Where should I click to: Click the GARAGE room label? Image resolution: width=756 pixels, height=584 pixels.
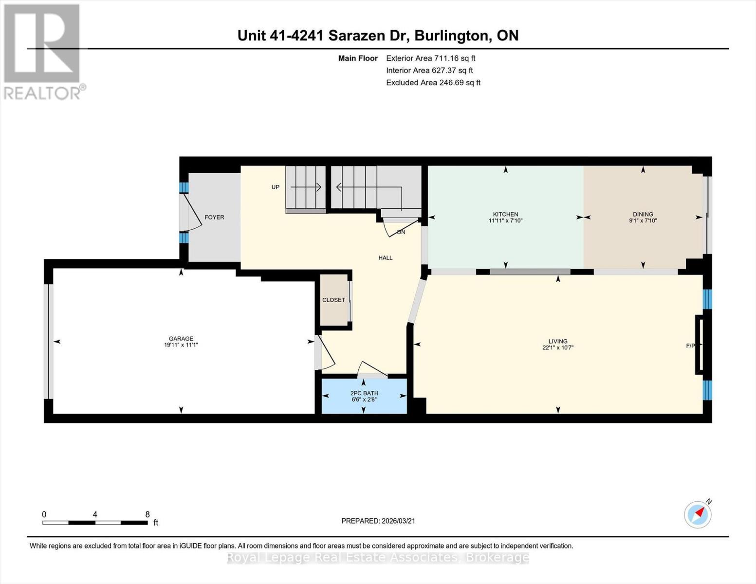click(181, 339)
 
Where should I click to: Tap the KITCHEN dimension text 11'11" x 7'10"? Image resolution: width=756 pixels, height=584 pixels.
click(505, 221)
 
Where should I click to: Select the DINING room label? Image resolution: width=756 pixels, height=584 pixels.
click(643, 214)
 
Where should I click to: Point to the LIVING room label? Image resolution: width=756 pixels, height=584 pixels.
click(558, 341)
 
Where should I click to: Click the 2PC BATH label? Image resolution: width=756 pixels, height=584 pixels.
click(364, 393)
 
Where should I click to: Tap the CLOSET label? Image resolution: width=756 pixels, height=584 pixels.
click(333, 300)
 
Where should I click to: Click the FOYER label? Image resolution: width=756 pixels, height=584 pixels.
click(214, 217)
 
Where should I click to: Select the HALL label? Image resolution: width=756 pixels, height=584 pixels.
click(385, 258)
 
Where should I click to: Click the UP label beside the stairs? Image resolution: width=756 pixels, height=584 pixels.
click(276, 187)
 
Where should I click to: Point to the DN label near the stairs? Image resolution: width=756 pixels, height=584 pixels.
click(401, 232)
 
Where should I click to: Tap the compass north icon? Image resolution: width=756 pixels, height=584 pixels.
click(698, 514)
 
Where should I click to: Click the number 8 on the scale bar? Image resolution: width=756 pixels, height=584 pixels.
click(147, 514)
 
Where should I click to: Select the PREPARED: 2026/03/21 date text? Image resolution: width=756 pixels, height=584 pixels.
click(378, 521)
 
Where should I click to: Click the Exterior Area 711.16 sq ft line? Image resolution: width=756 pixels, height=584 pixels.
click(430, 58)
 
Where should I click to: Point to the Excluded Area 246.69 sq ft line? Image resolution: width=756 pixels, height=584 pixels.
click(433, 83)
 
